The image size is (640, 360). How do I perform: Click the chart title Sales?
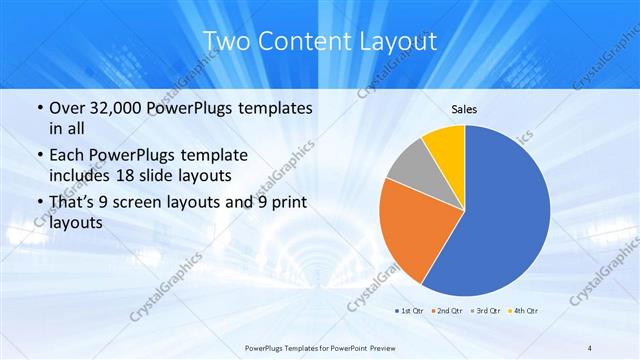[x=464, y=108]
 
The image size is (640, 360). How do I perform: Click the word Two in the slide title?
[x=225, y=42]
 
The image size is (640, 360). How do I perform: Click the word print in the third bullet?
[x=286, y=202]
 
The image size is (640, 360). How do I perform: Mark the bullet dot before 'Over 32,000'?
[x=39, y=108]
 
